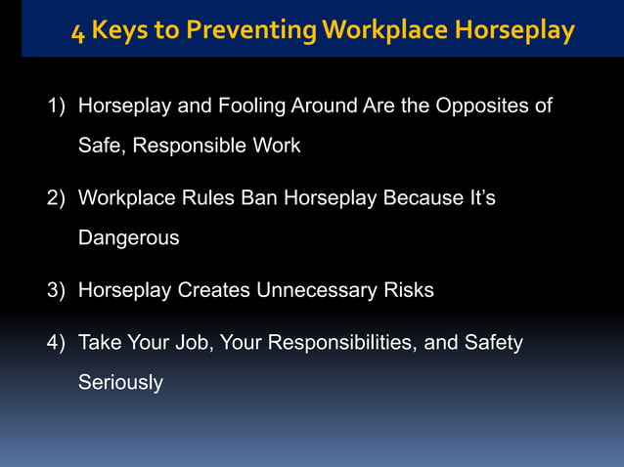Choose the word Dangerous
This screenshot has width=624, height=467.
(128, 238)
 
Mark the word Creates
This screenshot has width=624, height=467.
(213, 290)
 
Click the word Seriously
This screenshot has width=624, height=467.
(120, 383)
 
